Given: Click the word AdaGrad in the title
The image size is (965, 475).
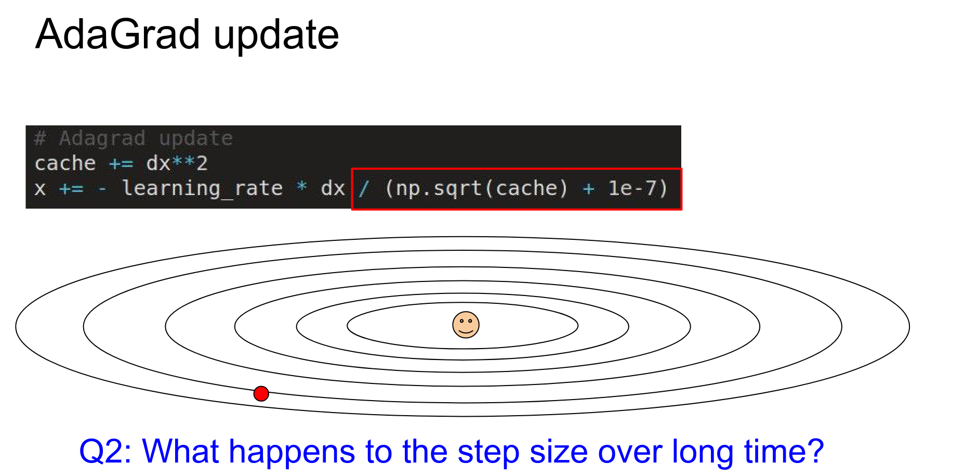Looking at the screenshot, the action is pyautogui.click(x=118, y=34).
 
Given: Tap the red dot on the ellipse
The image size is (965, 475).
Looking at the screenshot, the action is pyautogui.click(x=261, y=393).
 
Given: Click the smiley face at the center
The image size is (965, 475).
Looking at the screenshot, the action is pyautogui.click(x=466, y=325).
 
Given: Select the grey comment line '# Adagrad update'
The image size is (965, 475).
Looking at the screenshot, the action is pyautogui.click(x=134, y=138).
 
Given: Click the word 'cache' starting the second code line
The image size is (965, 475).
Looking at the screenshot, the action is pyautogui.click(x=65, y=163).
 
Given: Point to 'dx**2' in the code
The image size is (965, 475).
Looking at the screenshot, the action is pyautogui.click(x=177, y=163).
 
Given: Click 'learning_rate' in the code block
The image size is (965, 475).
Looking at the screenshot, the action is pyautogui.click(x=203, y=188).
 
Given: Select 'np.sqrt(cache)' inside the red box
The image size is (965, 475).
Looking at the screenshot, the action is pyautogui.click(x=476, y=188).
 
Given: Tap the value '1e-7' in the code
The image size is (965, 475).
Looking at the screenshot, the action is pyautogui.click(x=632, y=188).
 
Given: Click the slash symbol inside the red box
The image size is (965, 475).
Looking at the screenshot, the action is pyautogui.click(x=364, y=188).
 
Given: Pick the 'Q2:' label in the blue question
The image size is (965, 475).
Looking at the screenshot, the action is pyautogui.click(x=107, y=452).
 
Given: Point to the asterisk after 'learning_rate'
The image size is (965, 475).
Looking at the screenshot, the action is pyautogui.click(x=301, y=186).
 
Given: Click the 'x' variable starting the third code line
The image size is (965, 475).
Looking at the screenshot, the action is pyautogui.click(x=40, y=189).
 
